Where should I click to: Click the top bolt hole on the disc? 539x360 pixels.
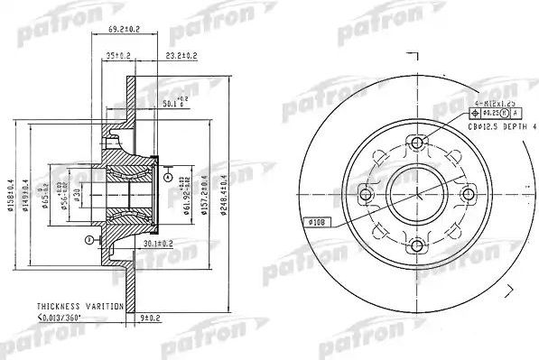point(416,143)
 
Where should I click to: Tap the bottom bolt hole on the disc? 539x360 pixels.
point(416,243)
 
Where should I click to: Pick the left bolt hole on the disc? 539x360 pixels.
point(366,192)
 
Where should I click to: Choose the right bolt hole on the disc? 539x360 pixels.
point(467,192)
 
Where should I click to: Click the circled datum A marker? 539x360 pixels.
point(169,177)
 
